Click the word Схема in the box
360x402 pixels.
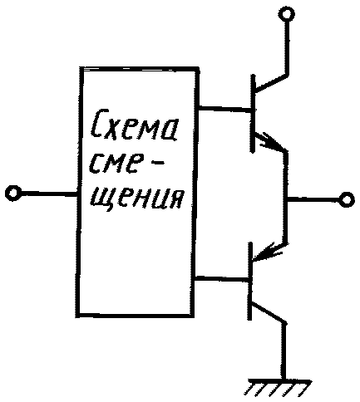click(135, 125)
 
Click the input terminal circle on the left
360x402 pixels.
click(13, 192)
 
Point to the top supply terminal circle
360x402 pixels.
click(287, 13)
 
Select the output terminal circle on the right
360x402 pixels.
click(347, 199)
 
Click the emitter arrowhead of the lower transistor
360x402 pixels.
click(268, 252)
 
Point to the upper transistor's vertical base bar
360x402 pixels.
click(253, 114)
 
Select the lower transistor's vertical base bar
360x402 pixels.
click(250, 281)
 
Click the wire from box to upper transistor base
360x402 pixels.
click(224, 109)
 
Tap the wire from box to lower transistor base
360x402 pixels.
click(221, 279)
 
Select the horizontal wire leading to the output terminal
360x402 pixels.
click(313, 199)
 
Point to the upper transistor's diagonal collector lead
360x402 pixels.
click(271, 82)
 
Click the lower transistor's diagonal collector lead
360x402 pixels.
click(269, 313)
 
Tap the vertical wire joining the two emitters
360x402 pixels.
click(285, 197)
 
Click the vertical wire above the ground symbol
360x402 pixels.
click(284, 351)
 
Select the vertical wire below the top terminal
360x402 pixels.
click(287, 47)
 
